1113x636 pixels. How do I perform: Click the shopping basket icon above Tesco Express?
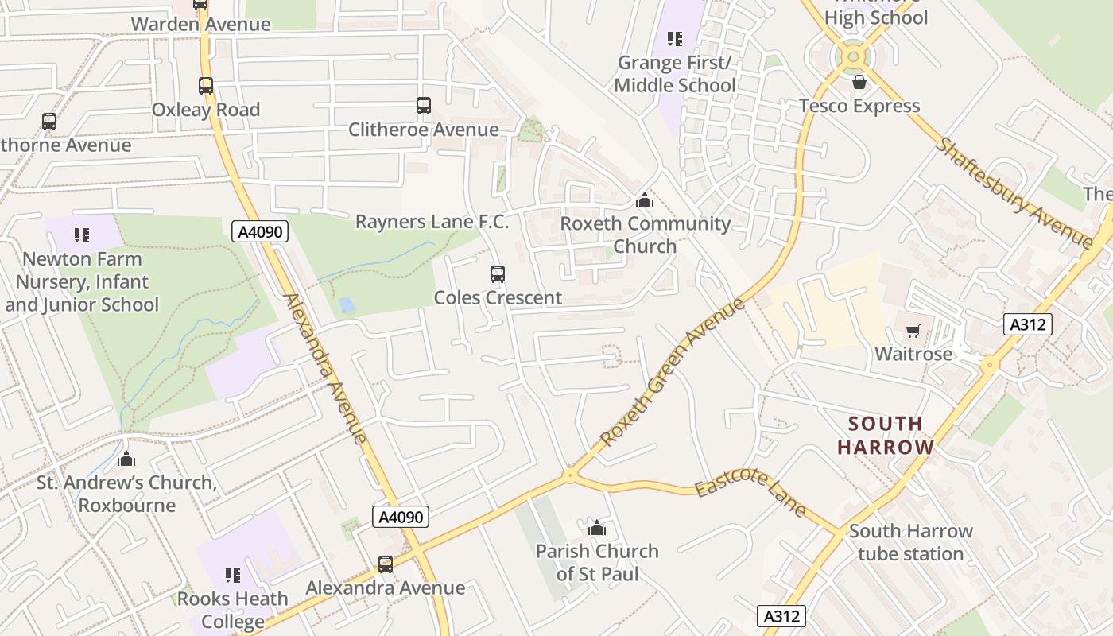click(859, 82)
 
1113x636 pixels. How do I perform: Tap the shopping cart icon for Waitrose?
click(913, 331)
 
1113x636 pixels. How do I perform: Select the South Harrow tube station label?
click(910, 542)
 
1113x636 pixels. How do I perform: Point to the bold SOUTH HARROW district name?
click(886, 435)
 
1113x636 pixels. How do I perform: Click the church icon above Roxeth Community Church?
click(645, 200)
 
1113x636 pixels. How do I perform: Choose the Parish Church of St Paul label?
click(597, 562)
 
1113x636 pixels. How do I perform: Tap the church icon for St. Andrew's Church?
click(126, 459)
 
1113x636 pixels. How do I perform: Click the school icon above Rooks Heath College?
click(232, 575)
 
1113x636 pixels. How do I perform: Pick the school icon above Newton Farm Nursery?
click(82, 235)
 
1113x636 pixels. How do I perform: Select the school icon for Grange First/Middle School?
click(675, 39)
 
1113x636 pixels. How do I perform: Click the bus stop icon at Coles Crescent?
click(498, 274)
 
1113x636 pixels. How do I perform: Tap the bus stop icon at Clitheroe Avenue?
click(424, 106)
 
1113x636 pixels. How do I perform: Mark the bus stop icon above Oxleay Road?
click(206, 86)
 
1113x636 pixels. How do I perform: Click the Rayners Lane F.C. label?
click(432, 222)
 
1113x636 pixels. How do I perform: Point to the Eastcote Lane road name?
click(750, 494)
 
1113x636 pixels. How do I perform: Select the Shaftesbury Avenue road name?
click(1013, 193)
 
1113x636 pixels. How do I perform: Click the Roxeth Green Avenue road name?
click(672, 372)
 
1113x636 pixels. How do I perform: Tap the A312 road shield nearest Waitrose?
click(1027, 324)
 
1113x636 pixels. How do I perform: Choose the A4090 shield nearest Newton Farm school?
click(260, 231)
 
